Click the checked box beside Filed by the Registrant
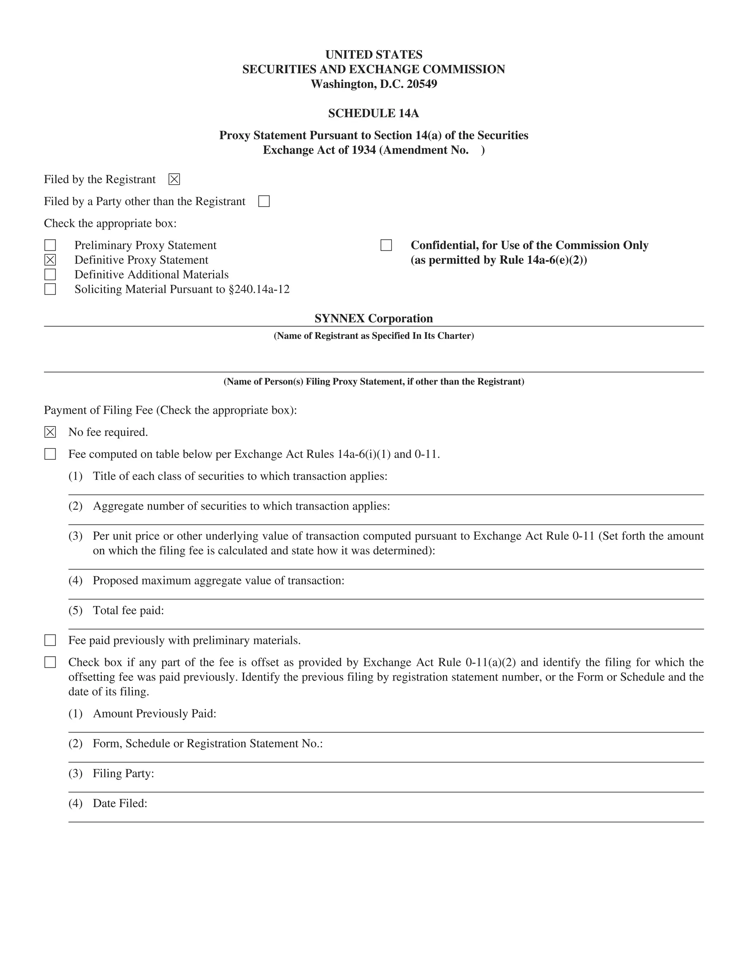click(174, 179)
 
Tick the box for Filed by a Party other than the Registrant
click(264, 201)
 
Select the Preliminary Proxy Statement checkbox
click(50, 245)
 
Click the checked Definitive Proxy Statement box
click(50, 260)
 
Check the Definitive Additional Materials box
click(50, 274)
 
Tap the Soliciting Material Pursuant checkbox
click(50, 289)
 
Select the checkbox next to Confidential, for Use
click(386, 245)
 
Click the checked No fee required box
click(50, 432)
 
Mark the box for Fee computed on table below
click(50, 454)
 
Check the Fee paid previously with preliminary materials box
click(50, 640)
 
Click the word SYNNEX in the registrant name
click(339, 318)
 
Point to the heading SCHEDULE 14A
click(374, 113)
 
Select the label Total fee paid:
click(129, 610)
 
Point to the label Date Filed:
click(120, 803)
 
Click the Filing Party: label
click(124, 773)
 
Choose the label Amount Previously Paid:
click(154, 713)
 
